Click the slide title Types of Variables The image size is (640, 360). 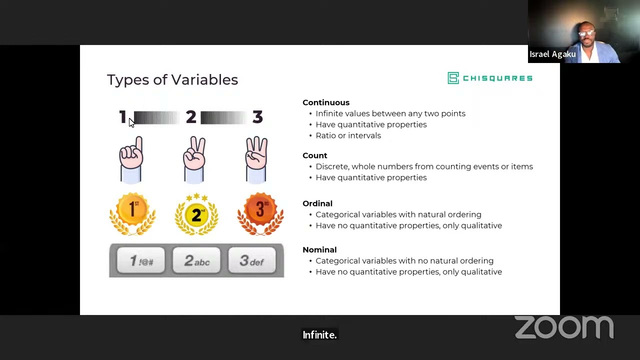coord(172,80)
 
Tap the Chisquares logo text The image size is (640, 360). coord(497,78)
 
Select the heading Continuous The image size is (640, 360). coord(326,102)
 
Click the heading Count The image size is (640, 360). coord(315,155)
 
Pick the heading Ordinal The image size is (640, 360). coord(317,203)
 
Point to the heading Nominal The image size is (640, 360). coord(319,249)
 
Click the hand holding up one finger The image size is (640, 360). coord(131,158)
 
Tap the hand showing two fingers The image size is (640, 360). coord(194,158)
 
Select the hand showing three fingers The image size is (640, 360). coord(256,158)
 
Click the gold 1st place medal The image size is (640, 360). coord(133,213)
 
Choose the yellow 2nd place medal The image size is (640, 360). coord(196,214)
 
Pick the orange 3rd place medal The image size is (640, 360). coord(260,213)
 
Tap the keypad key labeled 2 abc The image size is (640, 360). coord(196,261)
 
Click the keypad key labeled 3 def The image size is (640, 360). coord(252,261)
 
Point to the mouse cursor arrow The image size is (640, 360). coord(131,122)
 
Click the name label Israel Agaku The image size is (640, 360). coord(552,54)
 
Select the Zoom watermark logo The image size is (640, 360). coord(564,327)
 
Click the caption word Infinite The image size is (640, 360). coord(319,335)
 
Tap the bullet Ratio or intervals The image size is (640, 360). coord(348,135)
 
